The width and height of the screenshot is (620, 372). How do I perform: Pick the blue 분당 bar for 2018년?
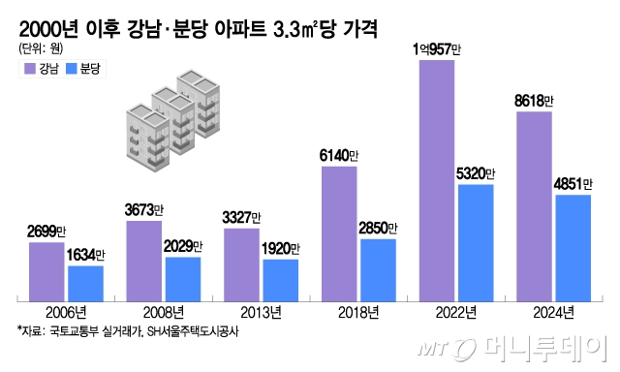pos(378,267)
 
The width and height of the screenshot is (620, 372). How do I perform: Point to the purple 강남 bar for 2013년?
pos(241,263)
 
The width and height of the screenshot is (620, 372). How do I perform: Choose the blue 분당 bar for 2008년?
pos(183,277)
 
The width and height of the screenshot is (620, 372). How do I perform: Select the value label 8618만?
pos(535,101)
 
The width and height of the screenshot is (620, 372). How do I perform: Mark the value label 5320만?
pos(476,173)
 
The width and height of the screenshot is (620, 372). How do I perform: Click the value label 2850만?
pos(379,228)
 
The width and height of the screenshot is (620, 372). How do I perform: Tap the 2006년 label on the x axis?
pos(66,312)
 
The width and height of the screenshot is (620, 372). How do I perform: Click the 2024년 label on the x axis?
pos(553,312)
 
